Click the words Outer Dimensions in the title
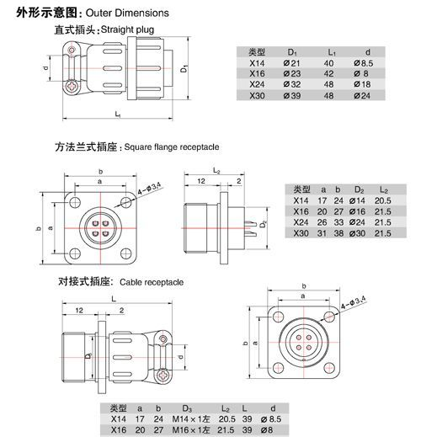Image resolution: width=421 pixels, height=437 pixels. point(133,13)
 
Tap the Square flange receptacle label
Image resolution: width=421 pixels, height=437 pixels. point(169,146)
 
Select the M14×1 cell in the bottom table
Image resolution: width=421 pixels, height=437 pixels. point(203,418)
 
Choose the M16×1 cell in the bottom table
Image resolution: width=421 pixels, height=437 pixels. point(203,429)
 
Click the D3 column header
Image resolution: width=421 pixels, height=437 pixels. point(198,408)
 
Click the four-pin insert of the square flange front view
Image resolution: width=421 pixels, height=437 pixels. point(100,228)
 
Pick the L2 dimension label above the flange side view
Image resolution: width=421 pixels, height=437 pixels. point(217,171)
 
